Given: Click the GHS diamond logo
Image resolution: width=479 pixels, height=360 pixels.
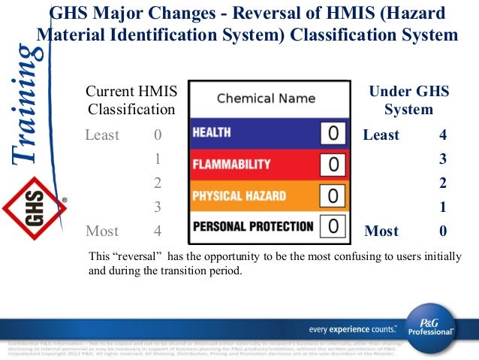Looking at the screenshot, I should tap(33, 204).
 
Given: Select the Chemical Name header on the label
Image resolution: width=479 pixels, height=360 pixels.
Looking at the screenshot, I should tap(266, 98).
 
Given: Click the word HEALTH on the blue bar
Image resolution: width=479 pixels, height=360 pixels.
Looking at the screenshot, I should tap(212, 132).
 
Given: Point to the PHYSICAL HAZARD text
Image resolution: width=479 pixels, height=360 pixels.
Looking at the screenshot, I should tap(239, 195).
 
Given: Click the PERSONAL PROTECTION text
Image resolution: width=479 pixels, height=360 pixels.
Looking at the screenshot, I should tap(252, 225).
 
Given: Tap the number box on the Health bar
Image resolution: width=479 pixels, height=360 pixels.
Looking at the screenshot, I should tap(333, 133).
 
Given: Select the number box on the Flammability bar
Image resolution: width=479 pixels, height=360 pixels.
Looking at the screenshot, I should tap(333, 164).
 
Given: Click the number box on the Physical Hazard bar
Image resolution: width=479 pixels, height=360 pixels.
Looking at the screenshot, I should tap(333, 195).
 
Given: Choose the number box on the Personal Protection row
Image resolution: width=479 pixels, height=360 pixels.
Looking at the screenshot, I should tap(333, 225).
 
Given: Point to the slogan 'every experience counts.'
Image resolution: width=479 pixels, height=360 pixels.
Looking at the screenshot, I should tap(352, 329).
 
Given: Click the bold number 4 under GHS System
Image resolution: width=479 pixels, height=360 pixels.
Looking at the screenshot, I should tap(443, 136).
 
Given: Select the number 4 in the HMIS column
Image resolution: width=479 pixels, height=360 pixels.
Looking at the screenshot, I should tap(158, 231).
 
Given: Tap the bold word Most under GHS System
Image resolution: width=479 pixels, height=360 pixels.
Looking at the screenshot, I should tap(381, 231).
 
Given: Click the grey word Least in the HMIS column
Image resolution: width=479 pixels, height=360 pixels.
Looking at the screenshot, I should tap(102, 136).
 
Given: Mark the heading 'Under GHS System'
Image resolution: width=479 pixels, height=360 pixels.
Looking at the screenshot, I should tap(408, 101).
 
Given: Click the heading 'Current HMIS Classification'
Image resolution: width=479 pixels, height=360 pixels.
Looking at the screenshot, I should tap(131, 101).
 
